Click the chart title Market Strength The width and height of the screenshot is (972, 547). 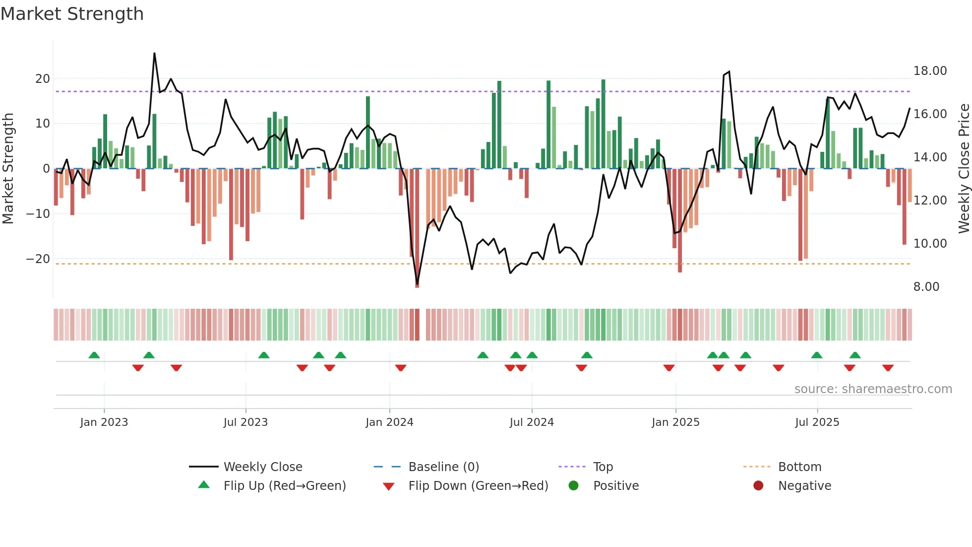72,14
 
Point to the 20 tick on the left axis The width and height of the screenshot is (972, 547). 43,79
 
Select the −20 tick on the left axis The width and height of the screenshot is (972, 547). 38,259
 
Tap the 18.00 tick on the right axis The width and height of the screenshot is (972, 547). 930,71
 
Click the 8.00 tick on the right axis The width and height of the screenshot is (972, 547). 926,287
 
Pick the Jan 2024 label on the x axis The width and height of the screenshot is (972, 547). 389,422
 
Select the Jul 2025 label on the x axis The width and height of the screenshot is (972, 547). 817,422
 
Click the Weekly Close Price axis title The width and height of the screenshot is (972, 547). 964,169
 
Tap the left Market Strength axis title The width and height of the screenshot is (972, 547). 8,169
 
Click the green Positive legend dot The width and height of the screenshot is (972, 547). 574,486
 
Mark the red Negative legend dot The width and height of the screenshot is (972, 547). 758,486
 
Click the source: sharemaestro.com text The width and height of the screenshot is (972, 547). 873,389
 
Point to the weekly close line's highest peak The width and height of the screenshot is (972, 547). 154,54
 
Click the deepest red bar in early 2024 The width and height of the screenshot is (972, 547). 417,228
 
